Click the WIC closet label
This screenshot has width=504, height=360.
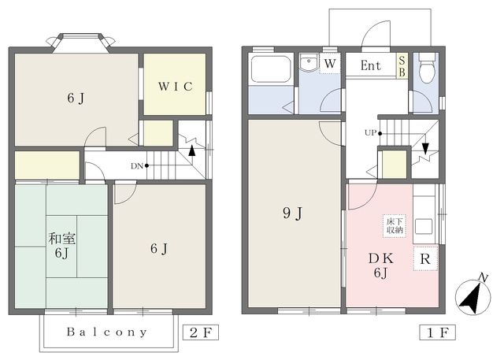[x=175, y=87]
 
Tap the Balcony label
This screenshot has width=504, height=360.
[x=107, y=332]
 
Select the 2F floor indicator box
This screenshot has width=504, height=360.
[x=201, y=332]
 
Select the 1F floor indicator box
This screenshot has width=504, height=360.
[x=438, y=332]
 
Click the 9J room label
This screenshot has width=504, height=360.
[x=292, y=213]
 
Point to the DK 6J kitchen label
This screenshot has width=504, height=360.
[x=380, y=265]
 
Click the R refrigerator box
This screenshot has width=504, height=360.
[x=425, y=258]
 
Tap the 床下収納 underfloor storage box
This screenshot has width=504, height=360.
[x=395, y=226]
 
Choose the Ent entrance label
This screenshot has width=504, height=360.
[x=371, y=65]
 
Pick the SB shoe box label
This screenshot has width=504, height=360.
[x=402, y=66]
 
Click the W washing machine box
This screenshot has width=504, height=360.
[x=330, y=64]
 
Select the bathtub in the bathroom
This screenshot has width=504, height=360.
[x=271, y=69]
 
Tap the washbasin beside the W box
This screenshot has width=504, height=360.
[x=309, y=63]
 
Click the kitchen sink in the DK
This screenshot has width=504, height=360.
[x=424, y=227]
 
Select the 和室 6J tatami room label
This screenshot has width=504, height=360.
[x=61, y=246]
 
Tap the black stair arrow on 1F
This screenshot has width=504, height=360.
[x=425, y=149]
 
